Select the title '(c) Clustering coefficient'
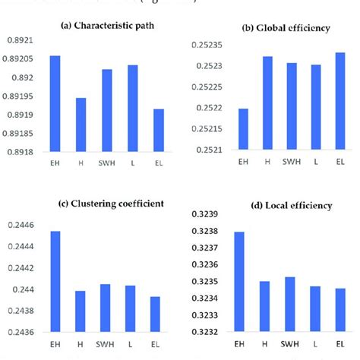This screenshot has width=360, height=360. coord(106,204)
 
